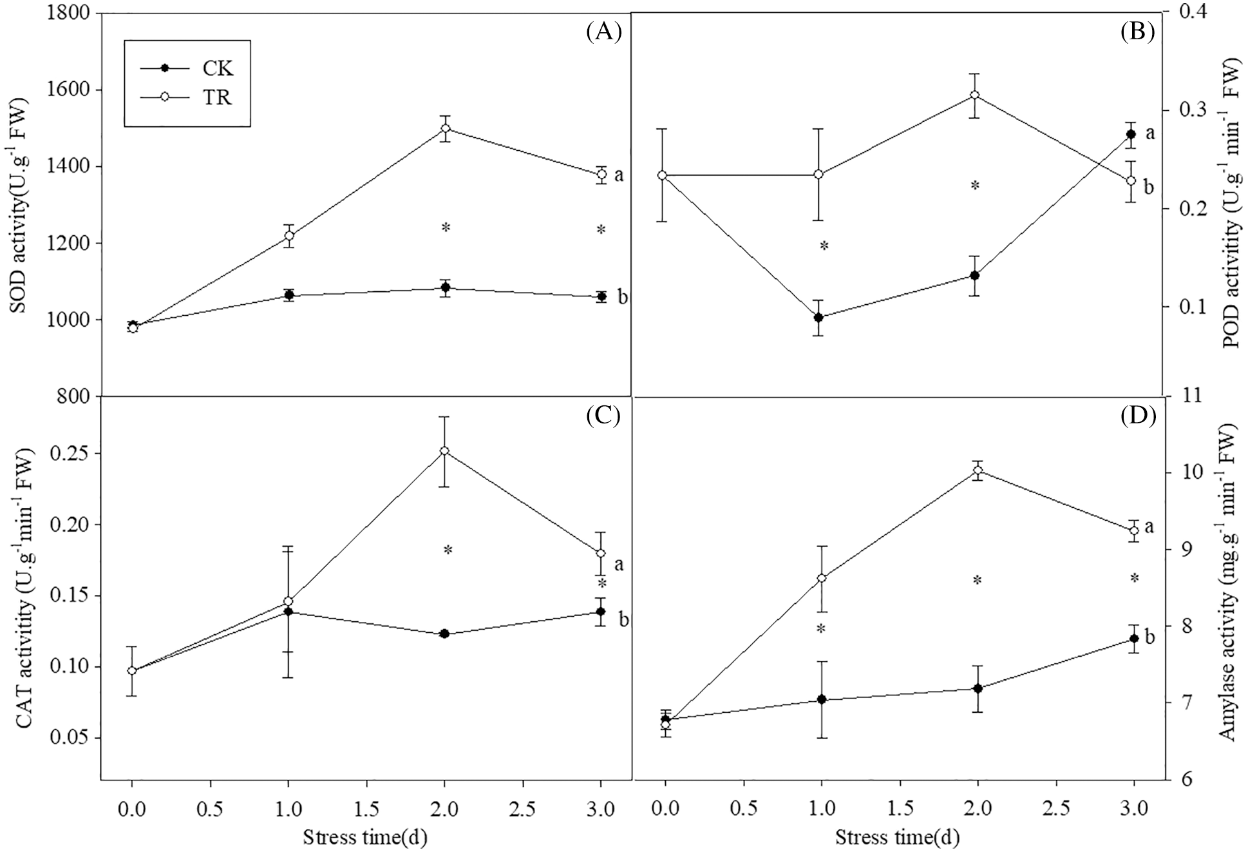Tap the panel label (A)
[x=603, y=32]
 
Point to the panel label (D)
[x=1138, y=416]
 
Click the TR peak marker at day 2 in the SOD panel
[x=444, y=128]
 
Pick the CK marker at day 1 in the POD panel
[x=818, y=317]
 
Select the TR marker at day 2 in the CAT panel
[x=444, y=451]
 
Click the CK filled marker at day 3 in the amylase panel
[x=1134, y=639]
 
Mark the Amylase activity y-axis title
[x=1229, y=583]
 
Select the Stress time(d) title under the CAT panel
[x=365, y=837]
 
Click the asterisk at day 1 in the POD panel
[x=824, y=246]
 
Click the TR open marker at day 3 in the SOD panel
[x=601, y=174]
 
